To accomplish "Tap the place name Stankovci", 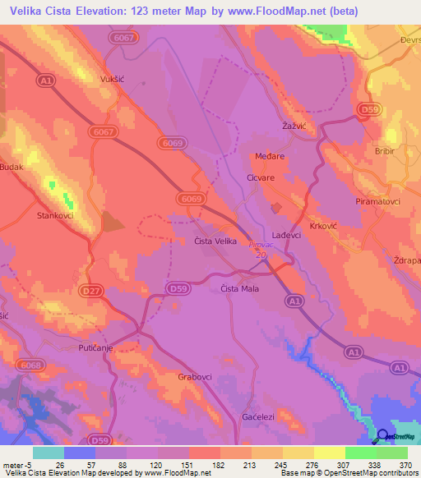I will point(55,216).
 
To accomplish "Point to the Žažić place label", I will point(294,126).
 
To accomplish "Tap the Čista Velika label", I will point(215,241).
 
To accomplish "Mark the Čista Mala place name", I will point(240,288).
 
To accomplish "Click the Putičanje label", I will point(95,348).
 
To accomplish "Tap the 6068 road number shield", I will point(30,365).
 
